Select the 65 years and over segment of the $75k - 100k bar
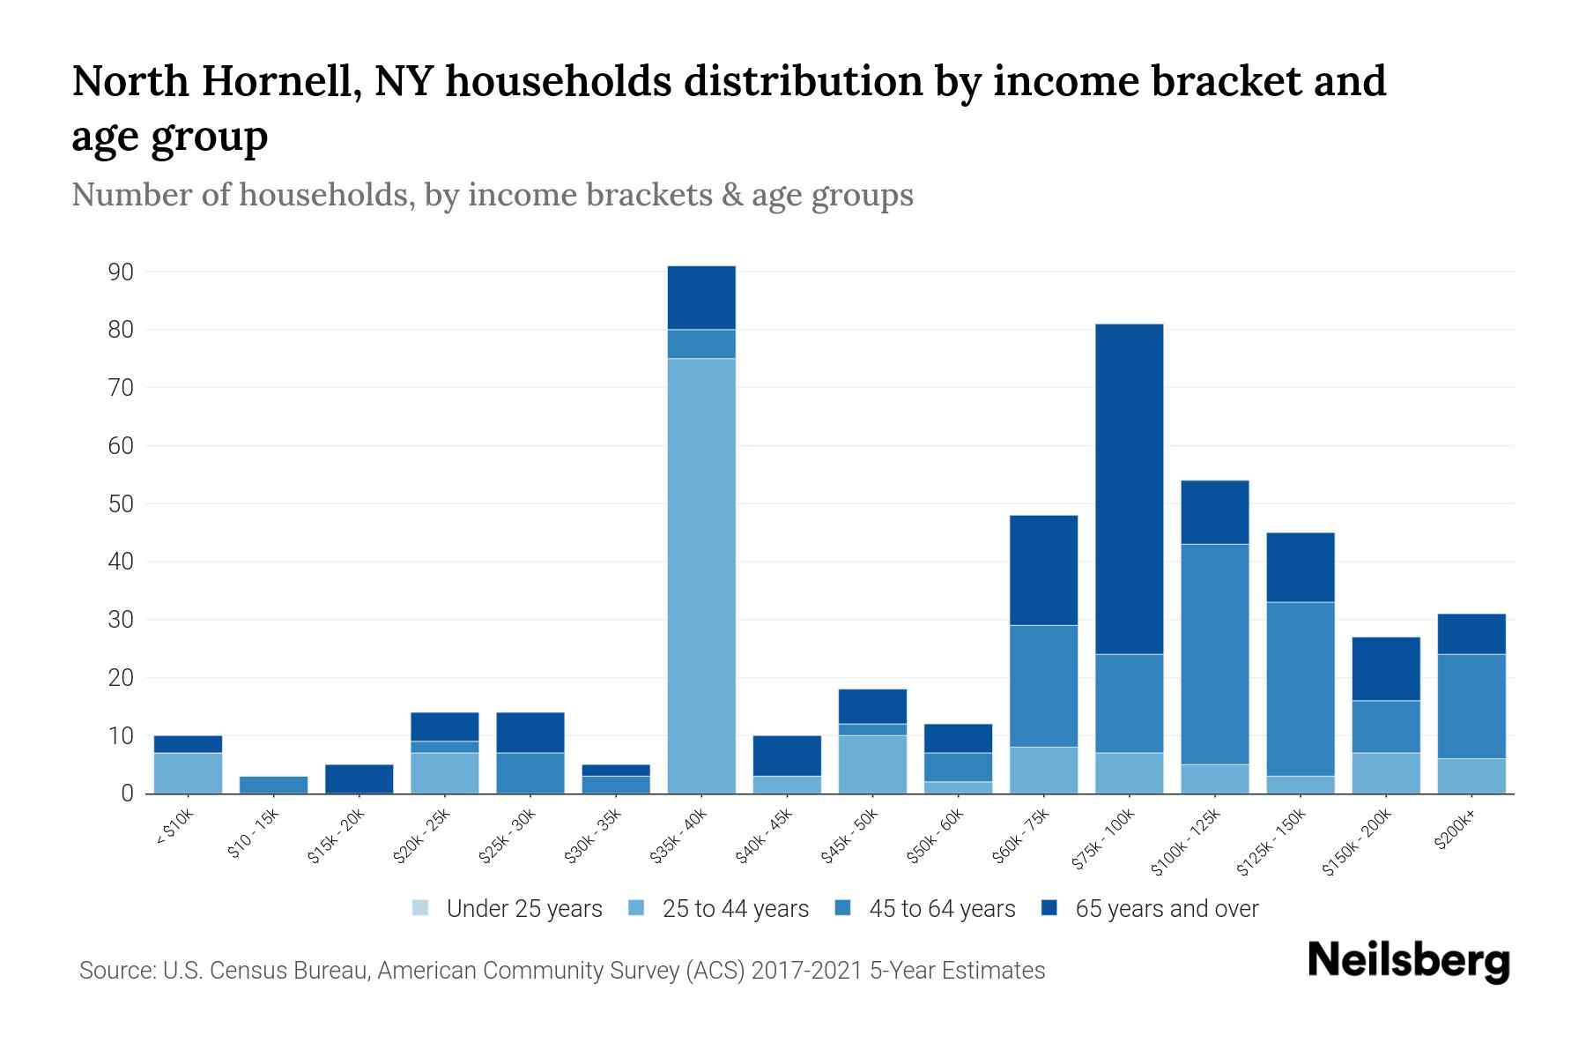pos(1130,489)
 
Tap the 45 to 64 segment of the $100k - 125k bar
pos(1215,653)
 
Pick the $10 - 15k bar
pos(273,785)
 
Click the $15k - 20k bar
pos(359,779)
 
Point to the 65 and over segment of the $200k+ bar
pos(1471,634)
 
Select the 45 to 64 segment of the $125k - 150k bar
pos(1301,689)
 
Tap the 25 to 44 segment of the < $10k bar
pos(188,773)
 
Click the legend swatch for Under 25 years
pos(421,908)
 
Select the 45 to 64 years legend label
pos(942,908)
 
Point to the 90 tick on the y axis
pos(121,272)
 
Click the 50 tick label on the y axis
pos(121,504)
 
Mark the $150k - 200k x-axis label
pos(1358,842)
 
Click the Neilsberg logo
pos(1408,960)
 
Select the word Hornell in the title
pos(281,81)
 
